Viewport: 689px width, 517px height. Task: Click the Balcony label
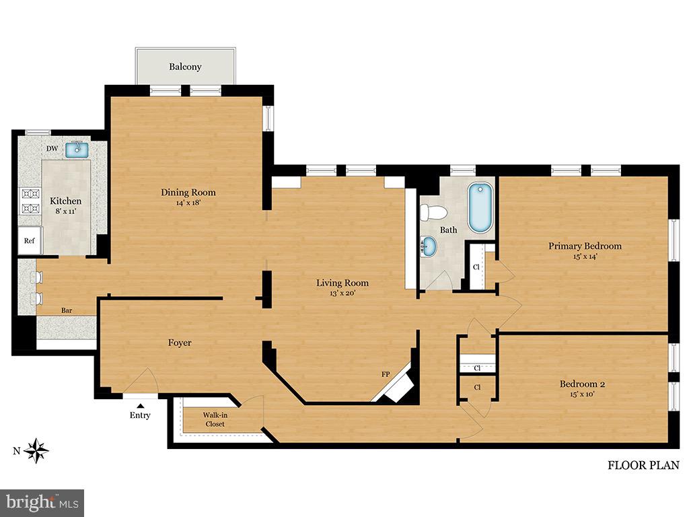pyautogui.click(x=185, y=67)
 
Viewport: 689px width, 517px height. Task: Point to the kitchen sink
pyautogui.click(x=78, y=149)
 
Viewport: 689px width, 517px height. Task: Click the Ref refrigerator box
pyautogui.click(x=30, y=240)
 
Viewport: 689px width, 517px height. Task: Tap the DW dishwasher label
pyautogui.click(x=52, y=149)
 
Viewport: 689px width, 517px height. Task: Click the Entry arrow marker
pyautogui.click(x=140, y=405)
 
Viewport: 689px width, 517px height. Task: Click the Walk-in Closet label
pyautogui.click(x=215, y=419)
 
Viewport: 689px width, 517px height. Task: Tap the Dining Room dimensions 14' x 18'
pyautogui.click(x=188, y=203)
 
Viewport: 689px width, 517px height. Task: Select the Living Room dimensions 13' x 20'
pyautogui.click(x=342, y=293)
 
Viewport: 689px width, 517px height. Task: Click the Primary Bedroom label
pyautogui.click(x=585, y=246)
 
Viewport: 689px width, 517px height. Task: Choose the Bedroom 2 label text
pyautogui.click(x=583, y=384)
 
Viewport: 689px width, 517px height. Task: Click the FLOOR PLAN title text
pyautogui.click(x=643, y=464)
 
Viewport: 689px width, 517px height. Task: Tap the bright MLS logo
pyautogui.click(x=42, y=502)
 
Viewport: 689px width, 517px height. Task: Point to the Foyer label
pyautogui.click(x=180, y=343)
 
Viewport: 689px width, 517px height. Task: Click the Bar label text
pyautogui.click(x=67, y=310)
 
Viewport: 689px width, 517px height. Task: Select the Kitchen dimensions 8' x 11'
pyautogui.click(x=66, y=211)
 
